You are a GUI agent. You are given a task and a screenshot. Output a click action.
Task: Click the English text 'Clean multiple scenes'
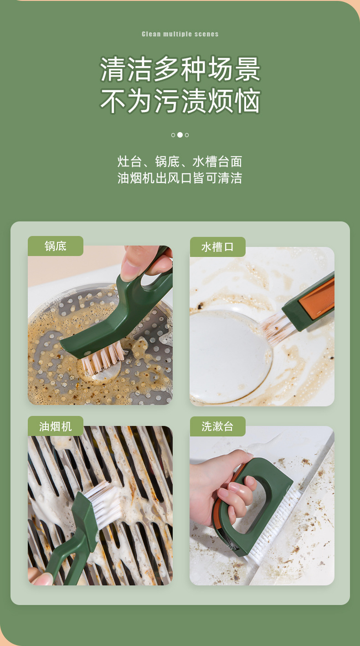pos(180,34)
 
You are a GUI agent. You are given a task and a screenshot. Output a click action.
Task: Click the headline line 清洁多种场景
pos(180,69)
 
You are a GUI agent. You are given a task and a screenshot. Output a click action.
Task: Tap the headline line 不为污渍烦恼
pos(180,101)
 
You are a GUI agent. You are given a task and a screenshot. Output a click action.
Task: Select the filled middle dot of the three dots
pos(180,135)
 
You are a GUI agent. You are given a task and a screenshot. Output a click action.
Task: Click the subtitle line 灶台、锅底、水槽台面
pos(180,162)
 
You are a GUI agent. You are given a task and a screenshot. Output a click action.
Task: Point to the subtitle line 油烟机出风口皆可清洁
pos(180,178)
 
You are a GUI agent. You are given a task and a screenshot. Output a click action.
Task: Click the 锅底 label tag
pos(56,246)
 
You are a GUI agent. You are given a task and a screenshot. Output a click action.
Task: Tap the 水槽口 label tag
pos(217,247)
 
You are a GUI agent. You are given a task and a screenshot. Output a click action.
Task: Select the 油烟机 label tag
pos(56,426)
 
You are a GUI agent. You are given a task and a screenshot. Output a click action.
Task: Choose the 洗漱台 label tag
pos(217,426)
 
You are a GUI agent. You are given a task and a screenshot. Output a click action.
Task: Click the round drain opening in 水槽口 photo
pos(228,355)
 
